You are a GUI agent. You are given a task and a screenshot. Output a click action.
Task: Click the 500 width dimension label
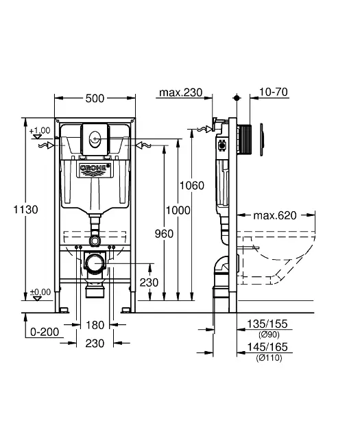[95, 98]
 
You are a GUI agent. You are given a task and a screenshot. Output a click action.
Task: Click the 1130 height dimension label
[26, 210]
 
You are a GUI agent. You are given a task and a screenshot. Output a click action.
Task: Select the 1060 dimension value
[192, 185]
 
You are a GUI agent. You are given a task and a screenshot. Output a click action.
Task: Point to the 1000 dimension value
[178, 211]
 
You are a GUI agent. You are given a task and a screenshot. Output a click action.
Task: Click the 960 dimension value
[164, 234]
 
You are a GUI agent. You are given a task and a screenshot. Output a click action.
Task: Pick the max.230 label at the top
[181, 93]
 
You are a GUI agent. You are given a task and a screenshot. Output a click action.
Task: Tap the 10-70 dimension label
[274, 92]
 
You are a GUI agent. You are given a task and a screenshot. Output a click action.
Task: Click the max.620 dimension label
[275, 215]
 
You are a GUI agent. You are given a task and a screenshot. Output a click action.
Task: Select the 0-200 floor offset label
[45, 332]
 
